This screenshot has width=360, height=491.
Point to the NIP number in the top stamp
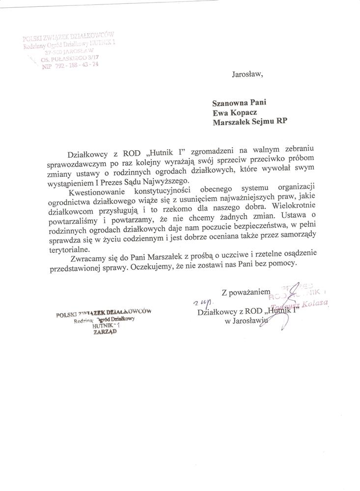[x=64, y=68]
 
